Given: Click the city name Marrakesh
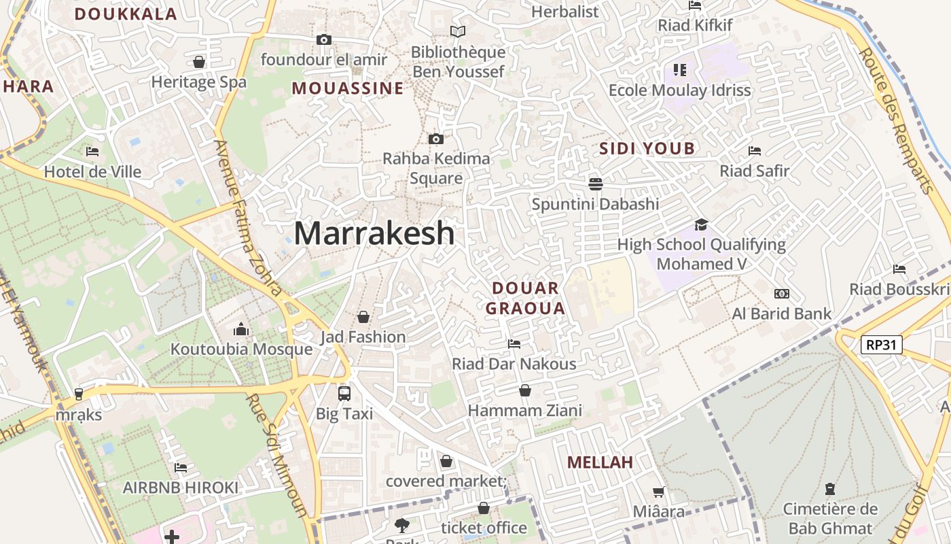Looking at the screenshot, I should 374,233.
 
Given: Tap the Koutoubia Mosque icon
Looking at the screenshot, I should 241,330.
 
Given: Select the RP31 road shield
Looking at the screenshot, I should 881,345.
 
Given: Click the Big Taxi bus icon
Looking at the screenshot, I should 344,393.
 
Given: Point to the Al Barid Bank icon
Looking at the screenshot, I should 782,294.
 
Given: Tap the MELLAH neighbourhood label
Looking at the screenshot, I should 600,462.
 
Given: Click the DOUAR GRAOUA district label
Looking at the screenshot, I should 526,298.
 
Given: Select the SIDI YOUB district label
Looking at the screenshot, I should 647,148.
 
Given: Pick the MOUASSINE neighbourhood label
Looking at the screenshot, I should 348,88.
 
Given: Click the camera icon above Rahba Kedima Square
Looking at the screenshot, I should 436,139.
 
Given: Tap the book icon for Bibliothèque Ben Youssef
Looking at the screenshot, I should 459,31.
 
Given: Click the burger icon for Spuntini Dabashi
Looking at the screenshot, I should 596,184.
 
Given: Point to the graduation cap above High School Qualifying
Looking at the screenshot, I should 701,224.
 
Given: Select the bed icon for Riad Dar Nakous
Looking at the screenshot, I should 514,343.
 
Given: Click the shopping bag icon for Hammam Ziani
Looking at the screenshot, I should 525,390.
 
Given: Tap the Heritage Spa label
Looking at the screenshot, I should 199,82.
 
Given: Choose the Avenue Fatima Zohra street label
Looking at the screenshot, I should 248,218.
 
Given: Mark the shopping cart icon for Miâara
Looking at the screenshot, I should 658,492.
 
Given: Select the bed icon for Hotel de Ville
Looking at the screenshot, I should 92,151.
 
